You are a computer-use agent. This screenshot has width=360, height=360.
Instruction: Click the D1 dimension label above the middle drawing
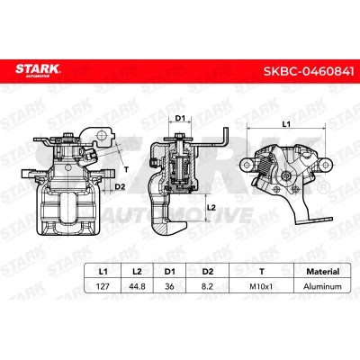[x=180, y=118]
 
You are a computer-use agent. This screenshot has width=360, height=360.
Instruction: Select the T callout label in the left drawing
[x=125, y=168]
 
